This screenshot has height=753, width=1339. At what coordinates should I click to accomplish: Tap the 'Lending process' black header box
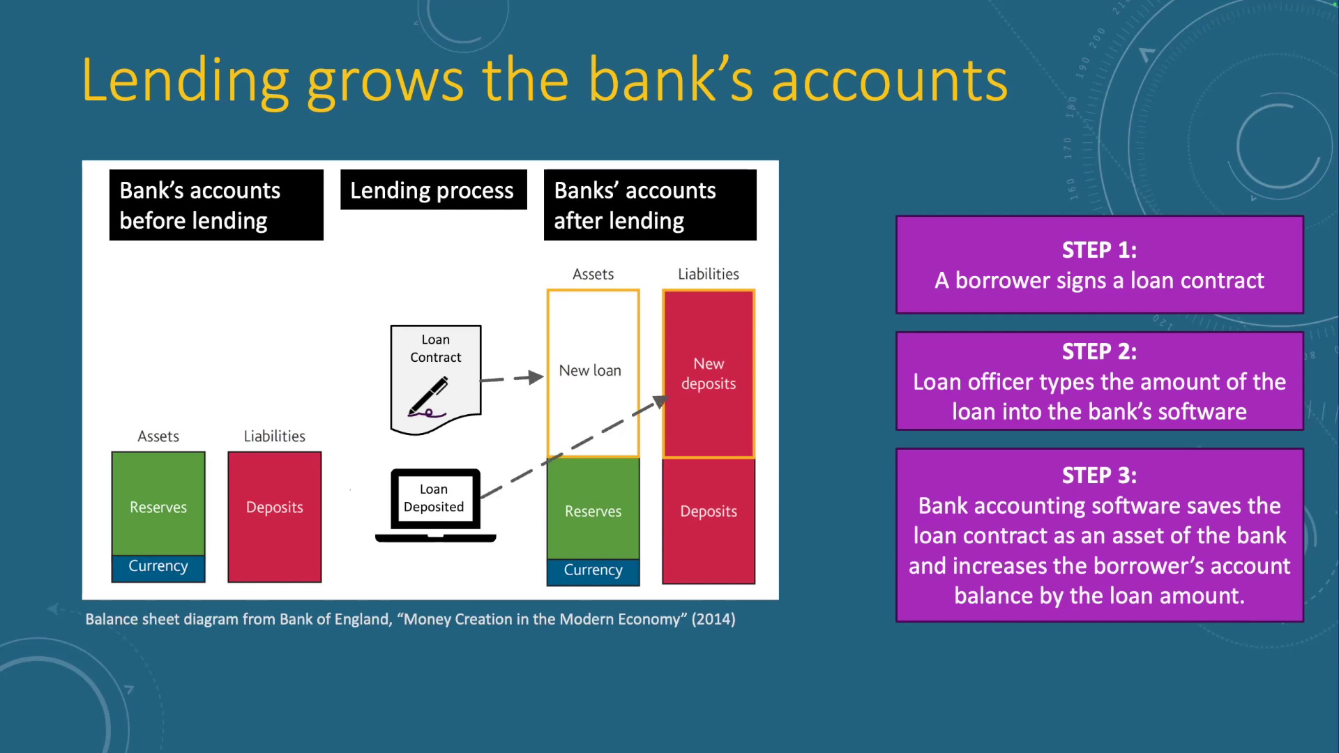pos(434,190)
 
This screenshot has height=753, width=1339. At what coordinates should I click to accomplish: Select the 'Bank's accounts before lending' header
pos(216,205)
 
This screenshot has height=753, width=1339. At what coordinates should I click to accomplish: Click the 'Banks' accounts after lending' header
pos(650,205)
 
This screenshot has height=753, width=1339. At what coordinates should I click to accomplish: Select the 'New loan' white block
pos(593,373)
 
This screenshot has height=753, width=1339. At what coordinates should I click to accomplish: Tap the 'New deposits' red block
pos(709,374)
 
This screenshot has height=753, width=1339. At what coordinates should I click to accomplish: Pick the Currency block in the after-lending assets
pos(593,572)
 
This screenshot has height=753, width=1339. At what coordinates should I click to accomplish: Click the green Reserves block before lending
pos(158,503)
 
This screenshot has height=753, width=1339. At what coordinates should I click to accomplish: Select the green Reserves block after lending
pos(593,509)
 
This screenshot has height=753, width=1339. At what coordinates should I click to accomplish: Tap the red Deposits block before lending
pos(275,517)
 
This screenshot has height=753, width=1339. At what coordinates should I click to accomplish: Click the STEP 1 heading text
pos(1099,250)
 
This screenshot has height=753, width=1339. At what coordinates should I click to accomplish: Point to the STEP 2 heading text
pos(1099,351)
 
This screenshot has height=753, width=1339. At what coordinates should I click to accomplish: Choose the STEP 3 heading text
pos(1099,476)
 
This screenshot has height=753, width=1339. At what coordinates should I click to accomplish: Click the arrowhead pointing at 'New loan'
pos(536,377)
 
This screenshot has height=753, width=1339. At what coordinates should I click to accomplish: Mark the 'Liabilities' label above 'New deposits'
pos(709,274)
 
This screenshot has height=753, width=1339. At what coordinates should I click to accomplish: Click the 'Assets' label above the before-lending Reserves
pos(158,436)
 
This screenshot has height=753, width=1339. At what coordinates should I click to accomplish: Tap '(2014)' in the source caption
pos(713,619)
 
